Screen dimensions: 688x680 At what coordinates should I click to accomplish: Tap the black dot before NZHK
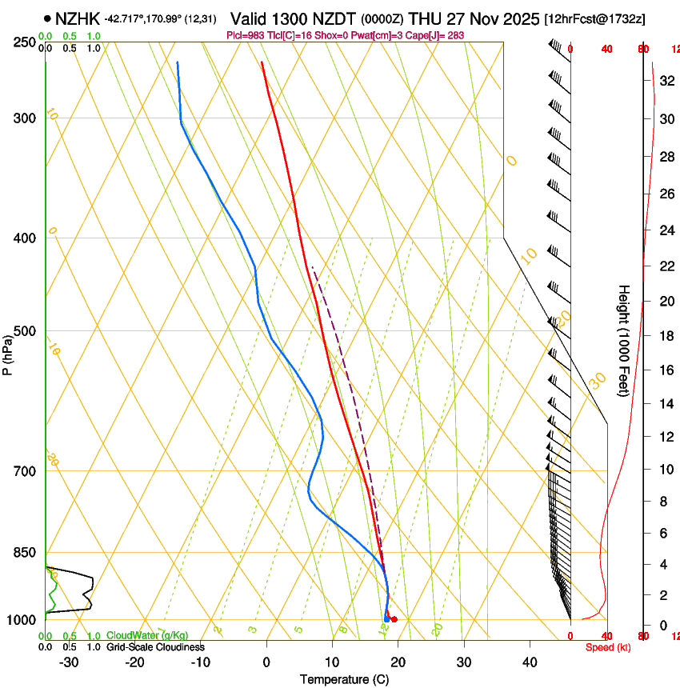(x=49, y=18)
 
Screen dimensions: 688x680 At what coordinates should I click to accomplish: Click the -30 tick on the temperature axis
(x=69, y=662)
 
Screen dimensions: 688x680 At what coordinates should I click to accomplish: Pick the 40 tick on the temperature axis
(x=530, y=662)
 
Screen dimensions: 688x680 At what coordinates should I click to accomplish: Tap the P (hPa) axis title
(x=8, y=353)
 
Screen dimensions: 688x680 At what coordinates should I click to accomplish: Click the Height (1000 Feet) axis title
(x=625, y=341)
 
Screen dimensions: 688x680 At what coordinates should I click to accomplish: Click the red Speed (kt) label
(x=608, y=647)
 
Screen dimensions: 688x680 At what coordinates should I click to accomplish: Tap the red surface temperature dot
(x=394, y=620)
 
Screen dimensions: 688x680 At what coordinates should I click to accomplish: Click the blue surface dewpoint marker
(x=386, y=618)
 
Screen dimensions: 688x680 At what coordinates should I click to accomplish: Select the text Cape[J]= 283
(x=436, y=36)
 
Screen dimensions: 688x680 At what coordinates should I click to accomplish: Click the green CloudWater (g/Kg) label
(x=147, y=636)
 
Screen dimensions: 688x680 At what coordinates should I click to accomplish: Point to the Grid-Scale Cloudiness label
(x=155, y=647)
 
